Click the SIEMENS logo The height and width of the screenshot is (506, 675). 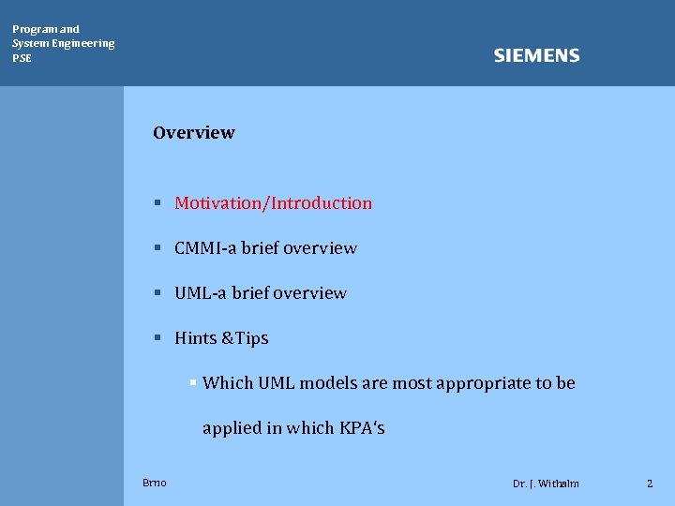click(536, 56)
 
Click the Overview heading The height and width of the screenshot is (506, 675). click(194, 133)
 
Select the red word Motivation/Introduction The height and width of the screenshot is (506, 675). click(273, 203)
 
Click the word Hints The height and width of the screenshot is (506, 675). click(194, 338)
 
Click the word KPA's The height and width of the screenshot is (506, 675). click(362, 428)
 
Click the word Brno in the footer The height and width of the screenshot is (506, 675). click(155, 483)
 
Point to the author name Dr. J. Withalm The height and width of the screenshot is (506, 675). click(546, 484)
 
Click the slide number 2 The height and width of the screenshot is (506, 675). click(649, 484)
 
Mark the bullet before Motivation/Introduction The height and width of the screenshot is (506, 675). click(159, 202)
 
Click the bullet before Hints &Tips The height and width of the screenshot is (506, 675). click(159, 337)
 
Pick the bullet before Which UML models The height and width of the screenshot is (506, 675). click(192, 382)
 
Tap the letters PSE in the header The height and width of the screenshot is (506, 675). click(22, 58)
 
